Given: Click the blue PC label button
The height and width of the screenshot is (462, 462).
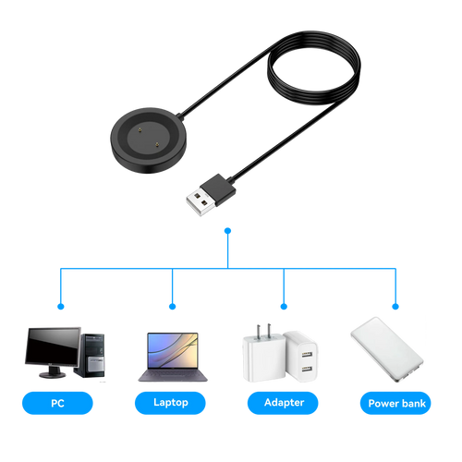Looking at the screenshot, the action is coord(57,403).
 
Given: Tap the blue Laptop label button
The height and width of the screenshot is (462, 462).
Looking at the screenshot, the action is coord(170,403).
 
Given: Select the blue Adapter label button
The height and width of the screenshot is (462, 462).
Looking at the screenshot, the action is coord(283,403).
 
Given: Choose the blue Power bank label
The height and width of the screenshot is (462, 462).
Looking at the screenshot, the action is coord(395,403).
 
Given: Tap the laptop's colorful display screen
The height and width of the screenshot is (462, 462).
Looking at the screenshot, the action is coord(173,350).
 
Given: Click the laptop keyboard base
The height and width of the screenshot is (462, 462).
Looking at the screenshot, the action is coord(173,375).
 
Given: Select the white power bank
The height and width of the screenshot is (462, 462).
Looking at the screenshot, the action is coord(387,349).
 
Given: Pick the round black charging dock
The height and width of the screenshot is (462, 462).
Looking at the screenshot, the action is coord(149,140).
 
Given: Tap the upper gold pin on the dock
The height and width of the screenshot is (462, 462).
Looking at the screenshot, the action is coord(140,130).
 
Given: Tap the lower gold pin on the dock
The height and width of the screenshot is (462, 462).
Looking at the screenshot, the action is coord(157,144).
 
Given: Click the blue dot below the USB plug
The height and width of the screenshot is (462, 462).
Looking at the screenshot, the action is coord(228,231).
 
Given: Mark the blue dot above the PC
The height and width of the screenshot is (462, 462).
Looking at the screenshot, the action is coord(61,307).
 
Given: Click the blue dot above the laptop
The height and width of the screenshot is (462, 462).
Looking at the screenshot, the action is coord(173,307).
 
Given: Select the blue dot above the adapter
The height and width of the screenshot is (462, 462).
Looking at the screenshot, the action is coord(284,307).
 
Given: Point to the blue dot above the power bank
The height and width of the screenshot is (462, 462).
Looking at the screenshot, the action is coord(395,307).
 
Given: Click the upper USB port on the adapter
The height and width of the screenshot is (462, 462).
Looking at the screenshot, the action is coord(307,355).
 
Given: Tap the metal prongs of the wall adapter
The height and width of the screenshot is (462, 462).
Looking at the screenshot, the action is coord(263,331).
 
